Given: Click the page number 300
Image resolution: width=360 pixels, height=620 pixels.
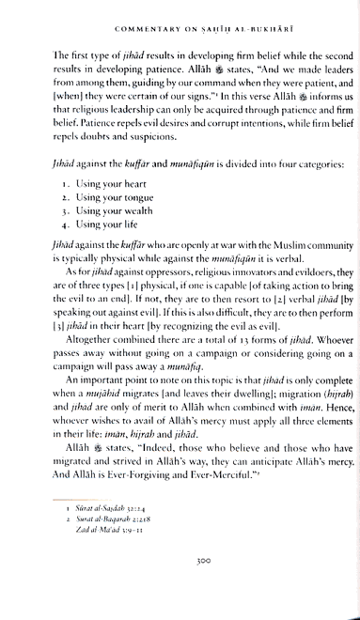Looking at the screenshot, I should (180, 583).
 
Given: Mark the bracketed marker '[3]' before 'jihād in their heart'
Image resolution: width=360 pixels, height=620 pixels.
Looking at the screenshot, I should (46, 333).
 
